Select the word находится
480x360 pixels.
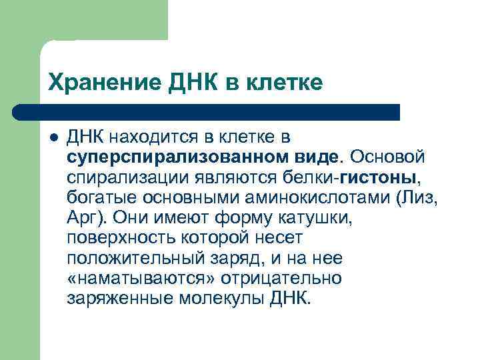point(151,138)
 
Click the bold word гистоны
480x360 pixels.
point(379,178)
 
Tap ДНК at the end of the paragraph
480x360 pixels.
point(290,298)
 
